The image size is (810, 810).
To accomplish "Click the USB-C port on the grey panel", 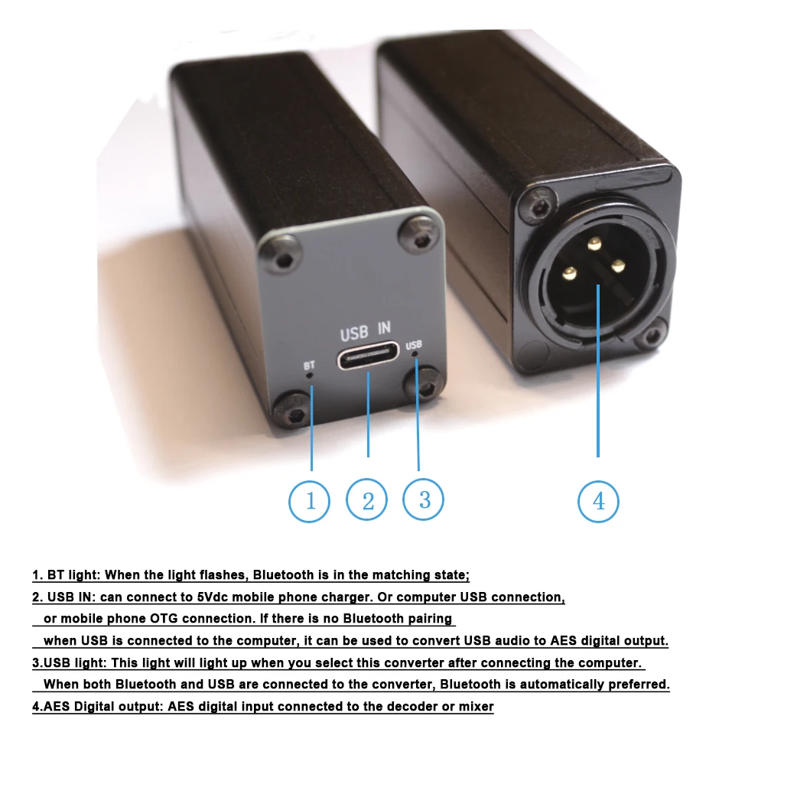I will [x=369, y=356].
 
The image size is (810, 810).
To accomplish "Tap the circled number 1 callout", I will [x=310, y=501].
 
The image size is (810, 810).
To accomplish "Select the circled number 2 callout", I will [x=367, y=501].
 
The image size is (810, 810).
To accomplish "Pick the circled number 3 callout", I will [x=424, y=499].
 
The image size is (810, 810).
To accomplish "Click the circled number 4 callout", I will [x=598, y=501].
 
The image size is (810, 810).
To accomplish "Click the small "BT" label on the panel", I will [x=309, y=365].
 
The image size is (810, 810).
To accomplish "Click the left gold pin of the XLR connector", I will [x=569, y=272].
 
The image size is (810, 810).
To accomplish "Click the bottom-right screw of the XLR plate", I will [x=652, y=335].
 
